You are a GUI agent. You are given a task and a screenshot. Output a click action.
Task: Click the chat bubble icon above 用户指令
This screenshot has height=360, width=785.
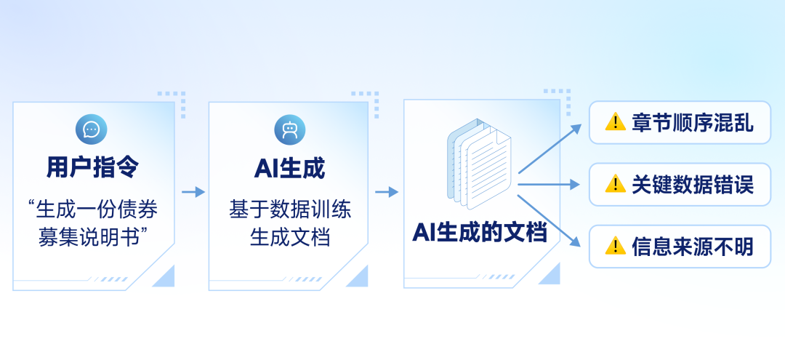tap(91, 129)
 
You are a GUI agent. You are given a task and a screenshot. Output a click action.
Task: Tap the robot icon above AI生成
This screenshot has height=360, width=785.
tap(290, 129)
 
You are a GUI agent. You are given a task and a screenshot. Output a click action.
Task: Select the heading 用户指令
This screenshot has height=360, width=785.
tap(92, 169)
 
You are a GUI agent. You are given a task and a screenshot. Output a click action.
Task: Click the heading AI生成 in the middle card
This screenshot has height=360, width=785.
tap(290, 169)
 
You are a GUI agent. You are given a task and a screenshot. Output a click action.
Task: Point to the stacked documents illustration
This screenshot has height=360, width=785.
tap(479, 164)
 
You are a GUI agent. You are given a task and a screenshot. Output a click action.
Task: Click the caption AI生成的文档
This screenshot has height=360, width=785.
tap(480, 233)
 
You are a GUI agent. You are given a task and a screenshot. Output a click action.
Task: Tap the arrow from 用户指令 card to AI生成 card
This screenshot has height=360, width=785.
tap(193, 192)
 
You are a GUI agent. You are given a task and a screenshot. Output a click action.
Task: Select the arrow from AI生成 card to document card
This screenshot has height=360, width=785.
tap(387, 192)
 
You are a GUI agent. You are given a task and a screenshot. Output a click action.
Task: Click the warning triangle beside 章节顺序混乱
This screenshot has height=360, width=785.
tap(616, 121)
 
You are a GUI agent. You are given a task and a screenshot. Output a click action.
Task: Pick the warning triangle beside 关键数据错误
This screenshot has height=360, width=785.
tap(616, 184)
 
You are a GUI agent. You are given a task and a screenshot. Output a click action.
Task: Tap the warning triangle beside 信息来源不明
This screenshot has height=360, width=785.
tap(616, 246)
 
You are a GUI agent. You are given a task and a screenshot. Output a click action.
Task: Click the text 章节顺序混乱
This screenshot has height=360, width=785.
tap(693, 123)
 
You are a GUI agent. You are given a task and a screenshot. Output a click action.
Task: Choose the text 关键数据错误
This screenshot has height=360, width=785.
tap(693, 185)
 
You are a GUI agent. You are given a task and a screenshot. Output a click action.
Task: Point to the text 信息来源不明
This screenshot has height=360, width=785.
tap(693, 247)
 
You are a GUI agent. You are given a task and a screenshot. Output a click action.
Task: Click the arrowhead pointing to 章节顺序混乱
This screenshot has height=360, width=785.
tap(576, 129)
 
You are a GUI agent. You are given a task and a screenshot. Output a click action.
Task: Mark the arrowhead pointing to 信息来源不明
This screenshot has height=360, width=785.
tap(576, 242)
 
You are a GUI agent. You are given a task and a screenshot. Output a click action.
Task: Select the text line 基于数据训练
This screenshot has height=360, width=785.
tap(290, 210)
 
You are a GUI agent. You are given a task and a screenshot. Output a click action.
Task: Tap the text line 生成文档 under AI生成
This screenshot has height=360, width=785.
tap(290, 238)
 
